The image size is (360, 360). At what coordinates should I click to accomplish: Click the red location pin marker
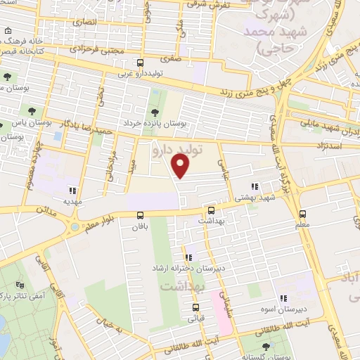[x=181, y=166]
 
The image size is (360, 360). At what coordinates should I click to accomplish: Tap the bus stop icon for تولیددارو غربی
[x=139, y=63]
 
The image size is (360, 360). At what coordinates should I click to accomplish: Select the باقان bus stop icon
[x=139, y=215]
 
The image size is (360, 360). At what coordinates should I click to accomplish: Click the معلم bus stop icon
[x=303, y=214]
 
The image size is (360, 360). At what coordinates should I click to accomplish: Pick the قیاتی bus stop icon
[x=195, y=307]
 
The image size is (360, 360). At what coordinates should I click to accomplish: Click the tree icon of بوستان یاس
[x=32, y=110]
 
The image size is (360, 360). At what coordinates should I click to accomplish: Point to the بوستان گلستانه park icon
[x=265, y=347]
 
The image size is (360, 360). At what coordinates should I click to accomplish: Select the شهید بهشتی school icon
[x=255, y=187]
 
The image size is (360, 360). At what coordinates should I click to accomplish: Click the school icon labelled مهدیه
[x=72, y=190]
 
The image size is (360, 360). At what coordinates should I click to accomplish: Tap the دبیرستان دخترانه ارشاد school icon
[x=188, y=257]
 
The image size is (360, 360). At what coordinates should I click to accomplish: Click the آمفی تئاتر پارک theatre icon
[x=19, y=285]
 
